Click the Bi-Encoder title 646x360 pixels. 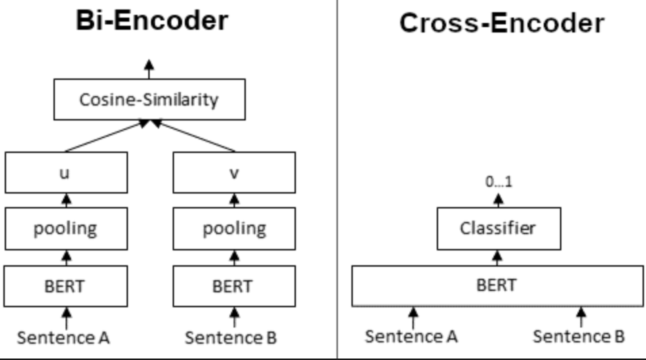coord(152,20)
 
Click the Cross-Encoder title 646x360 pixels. coord(502,23)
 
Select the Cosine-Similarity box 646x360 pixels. coord(150,99)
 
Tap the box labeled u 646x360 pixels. coord(66,173)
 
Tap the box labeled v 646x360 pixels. coord(234,173)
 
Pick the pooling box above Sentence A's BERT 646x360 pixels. coord(66,229)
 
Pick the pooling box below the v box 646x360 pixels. coord(234,229)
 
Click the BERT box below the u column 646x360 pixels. coord(66,286)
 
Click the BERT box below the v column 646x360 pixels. coord(234,286)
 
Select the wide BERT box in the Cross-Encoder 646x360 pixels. coord(497,286)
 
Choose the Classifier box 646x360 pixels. coord(499,229)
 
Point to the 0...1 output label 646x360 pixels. coord(498,181)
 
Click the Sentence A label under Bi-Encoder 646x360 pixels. coord(63,338)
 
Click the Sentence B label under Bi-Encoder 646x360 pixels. coord(231,338)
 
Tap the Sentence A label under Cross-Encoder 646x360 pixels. coord(411,336)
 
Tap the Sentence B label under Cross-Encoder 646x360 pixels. coord(579,336)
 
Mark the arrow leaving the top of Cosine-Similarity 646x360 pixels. coord(150,69)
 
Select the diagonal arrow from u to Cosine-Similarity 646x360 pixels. coord(106,135)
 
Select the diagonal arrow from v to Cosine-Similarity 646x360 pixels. coord(194,135)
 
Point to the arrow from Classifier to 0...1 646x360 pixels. coord(498,200)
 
